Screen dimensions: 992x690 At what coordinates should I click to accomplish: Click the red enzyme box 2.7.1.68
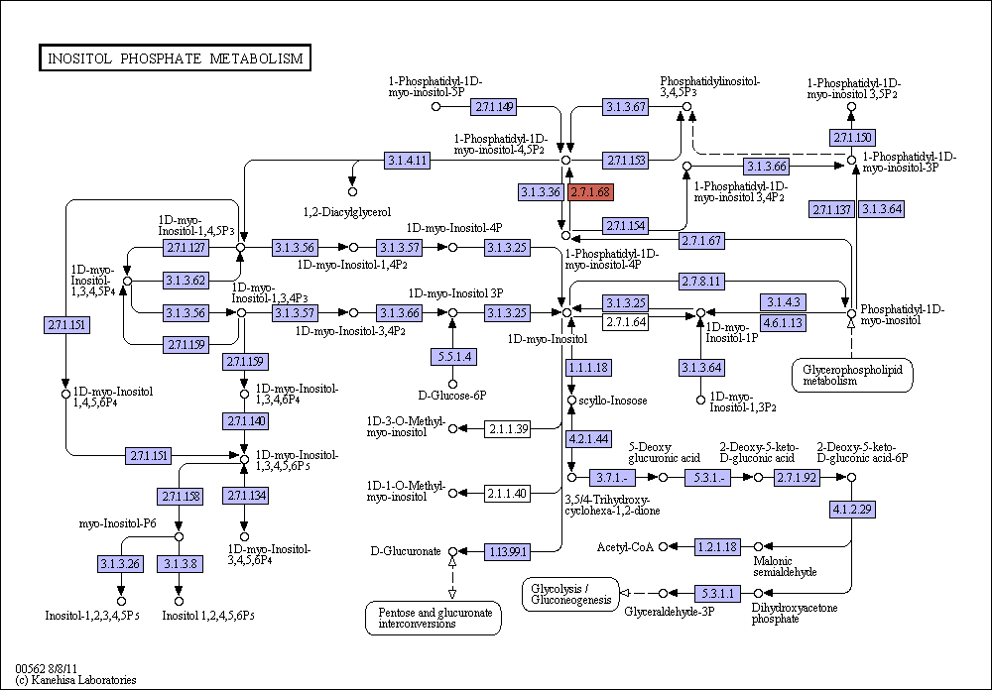point(591,191)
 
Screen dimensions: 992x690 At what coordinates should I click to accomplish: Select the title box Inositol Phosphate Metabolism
point(175,58)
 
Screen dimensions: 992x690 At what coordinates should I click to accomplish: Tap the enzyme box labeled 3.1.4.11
point(408,161)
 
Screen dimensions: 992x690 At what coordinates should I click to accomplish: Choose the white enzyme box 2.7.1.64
point(625,322)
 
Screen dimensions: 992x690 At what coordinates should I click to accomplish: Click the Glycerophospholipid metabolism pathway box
point(852,375)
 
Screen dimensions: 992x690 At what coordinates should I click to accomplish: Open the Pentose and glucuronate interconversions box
point(434,618)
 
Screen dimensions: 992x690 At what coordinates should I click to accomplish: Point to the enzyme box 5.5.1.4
point(453,357)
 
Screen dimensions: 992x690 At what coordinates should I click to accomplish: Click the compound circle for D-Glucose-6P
point(452,384)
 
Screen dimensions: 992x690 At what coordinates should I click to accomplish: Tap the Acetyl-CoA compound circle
point(663,546)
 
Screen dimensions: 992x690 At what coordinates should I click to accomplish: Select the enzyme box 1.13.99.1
point(507,551)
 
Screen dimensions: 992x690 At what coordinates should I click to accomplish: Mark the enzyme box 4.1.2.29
point(852,510)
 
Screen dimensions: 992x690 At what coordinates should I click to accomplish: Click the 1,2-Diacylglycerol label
point(346,212)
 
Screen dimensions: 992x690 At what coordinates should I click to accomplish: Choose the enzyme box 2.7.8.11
point(701,281)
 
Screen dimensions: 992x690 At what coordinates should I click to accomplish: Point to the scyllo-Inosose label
point(613,401)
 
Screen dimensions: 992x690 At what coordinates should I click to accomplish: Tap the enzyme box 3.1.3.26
point(120,563)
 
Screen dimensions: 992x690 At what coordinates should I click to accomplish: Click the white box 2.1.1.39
point(507,429)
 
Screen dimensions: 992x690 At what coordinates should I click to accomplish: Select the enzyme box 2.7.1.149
point(493,107)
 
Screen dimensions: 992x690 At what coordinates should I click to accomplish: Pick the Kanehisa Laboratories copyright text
point(75,680)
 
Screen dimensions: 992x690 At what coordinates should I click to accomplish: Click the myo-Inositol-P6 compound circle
point(179,536)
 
